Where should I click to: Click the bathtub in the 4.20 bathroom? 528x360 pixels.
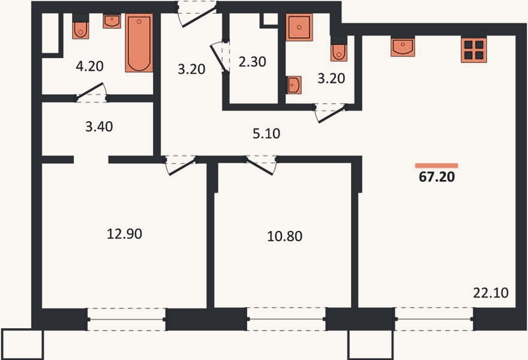139,43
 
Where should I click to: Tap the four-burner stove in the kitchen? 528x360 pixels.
474,50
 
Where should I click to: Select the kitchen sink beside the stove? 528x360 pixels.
403,47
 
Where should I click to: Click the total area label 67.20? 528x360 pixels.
437,176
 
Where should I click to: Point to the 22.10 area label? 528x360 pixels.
491,293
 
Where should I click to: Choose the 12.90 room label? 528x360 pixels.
124,233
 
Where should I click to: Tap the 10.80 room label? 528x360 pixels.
284,236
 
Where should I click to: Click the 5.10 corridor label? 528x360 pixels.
266,133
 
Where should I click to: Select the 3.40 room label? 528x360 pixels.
99,127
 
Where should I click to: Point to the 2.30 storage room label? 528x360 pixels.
252,62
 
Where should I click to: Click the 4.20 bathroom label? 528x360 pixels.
89,66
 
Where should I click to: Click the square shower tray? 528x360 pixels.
299,27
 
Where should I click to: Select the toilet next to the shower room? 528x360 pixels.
339,49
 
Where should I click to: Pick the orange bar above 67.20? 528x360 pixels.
436,166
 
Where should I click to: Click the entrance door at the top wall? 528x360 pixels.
197,15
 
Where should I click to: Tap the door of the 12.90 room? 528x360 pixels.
180,166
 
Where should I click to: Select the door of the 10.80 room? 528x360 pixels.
262,166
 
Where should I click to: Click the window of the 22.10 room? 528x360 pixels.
434,319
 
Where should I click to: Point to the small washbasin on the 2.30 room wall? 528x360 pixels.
293,85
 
